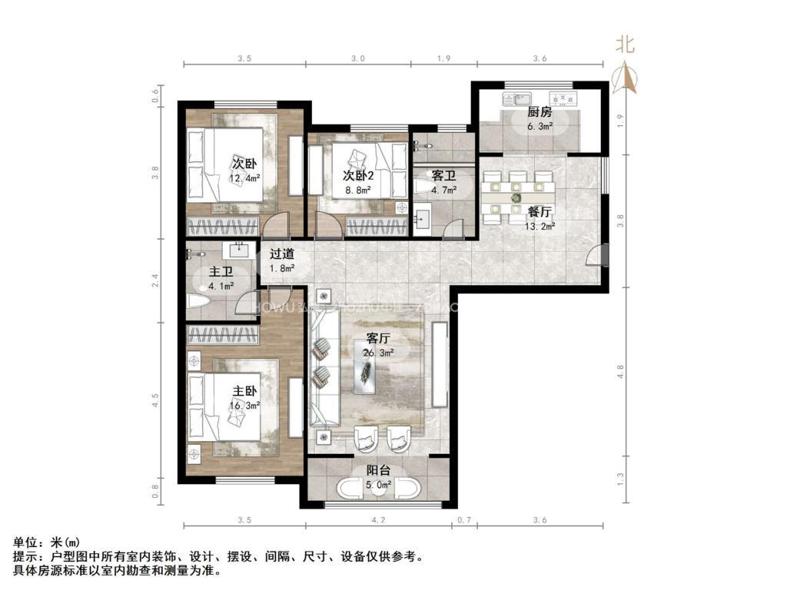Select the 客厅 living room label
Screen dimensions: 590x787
(x=378, y=338)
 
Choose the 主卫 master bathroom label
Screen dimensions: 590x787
(x=221, y=271)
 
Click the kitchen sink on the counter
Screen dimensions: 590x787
(x=513, y=98)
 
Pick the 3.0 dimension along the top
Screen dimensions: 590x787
(x=357, y=58)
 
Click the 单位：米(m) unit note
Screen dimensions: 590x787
(x=45, y=542)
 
